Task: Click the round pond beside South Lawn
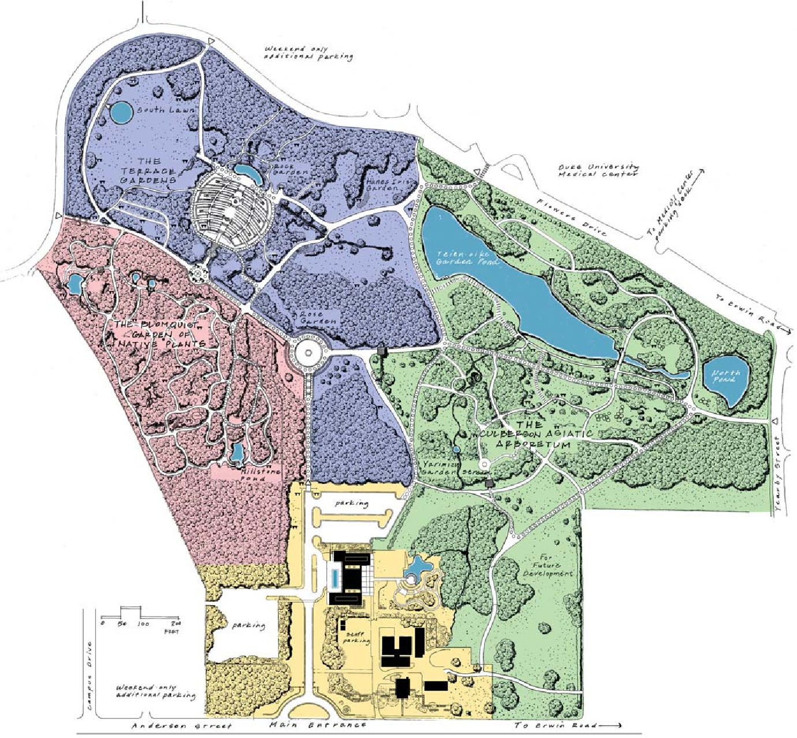(x=121, y=113)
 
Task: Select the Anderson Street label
(x=181, y=725)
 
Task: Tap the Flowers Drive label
(x=570, y=218)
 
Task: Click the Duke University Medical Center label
(x=598, y=170)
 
